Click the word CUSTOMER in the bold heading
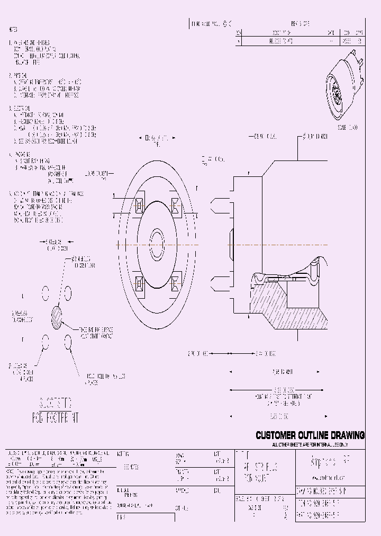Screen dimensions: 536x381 (x=275, y=435)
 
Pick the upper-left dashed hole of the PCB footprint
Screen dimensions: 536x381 (x=46, y=292)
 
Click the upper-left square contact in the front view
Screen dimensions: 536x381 (x=139, y=206)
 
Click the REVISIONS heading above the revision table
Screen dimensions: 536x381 (x=301, y=24)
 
